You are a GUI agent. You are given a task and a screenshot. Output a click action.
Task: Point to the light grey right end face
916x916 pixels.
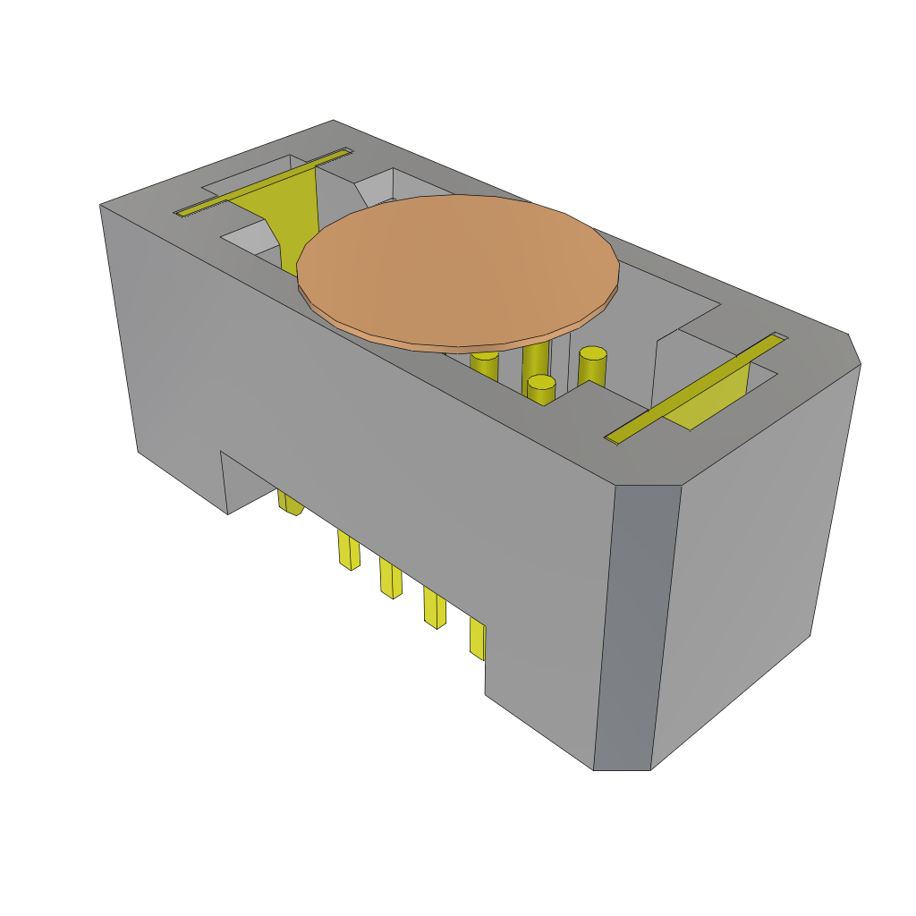(x=751, y=555)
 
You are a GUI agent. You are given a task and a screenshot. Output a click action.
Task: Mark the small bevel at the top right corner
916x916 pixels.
(x=854, y=349)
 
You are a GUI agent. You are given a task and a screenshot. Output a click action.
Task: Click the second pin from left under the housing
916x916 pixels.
(x=349, y=550)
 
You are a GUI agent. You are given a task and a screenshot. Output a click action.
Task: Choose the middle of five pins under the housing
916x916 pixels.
(x=390, y=578)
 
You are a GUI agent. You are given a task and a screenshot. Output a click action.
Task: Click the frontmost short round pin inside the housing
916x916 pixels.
(x=541, y=389)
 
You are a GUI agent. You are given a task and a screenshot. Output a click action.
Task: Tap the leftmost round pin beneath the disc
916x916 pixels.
(x=484, y=364)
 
